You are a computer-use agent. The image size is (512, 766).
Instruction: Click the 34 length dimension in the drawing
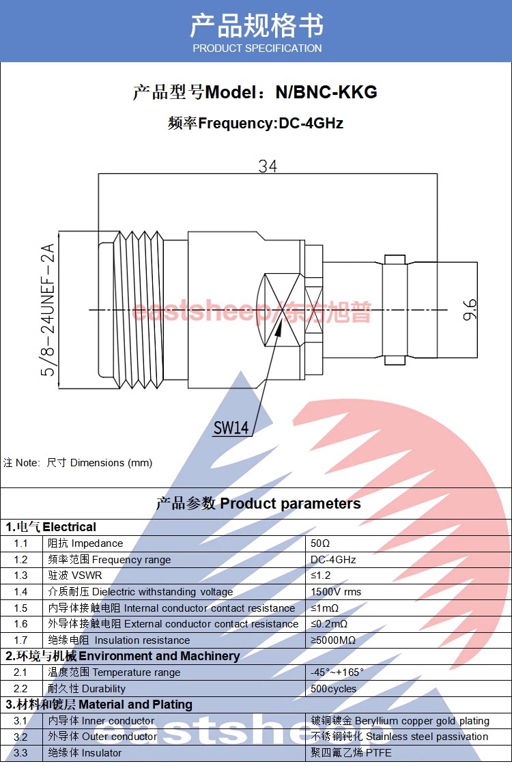tap(268, 166)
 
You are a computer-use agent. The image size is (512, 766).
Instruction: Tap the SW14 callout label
tap(231, 428)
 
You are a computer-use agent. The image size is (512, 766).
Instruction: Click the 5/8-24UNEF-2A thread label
tap(48, 310)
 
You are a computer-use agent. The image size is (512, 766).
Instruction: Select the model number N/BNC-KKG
tap(326, 92)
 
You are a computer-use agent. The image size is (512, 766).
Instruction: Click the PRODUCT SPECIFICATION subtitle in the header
tap(257, 48)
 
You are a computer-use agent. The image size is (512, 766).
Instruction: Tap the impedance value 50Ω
tap(320, 543)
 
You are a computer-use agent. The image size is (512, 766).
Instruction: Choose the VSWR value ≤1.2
tap(321, 576)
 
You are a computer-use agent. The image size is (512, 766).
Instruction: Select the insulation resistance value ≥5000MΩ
tap(333, 640)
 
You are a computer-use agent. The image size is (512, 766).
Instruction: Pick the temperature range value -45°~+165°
tap(337, 672)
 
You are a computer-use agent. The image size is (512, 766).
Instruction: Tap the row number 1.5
tap(20, 608)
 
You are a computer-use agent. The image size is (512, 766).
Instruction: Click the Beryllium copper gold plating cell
tap(400, 721)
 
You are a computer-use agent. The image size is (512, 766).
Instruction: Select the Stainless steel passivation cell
tap(399, 737)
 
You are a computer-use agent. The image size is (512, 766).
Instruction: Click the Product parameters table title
tap(258, 504)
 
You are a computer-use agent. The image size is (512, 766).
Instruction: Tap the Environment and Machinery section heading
tap(123, 656)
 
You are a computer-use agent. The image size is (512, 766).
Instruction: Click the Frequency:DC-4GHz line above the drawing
tap(255, 124)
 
